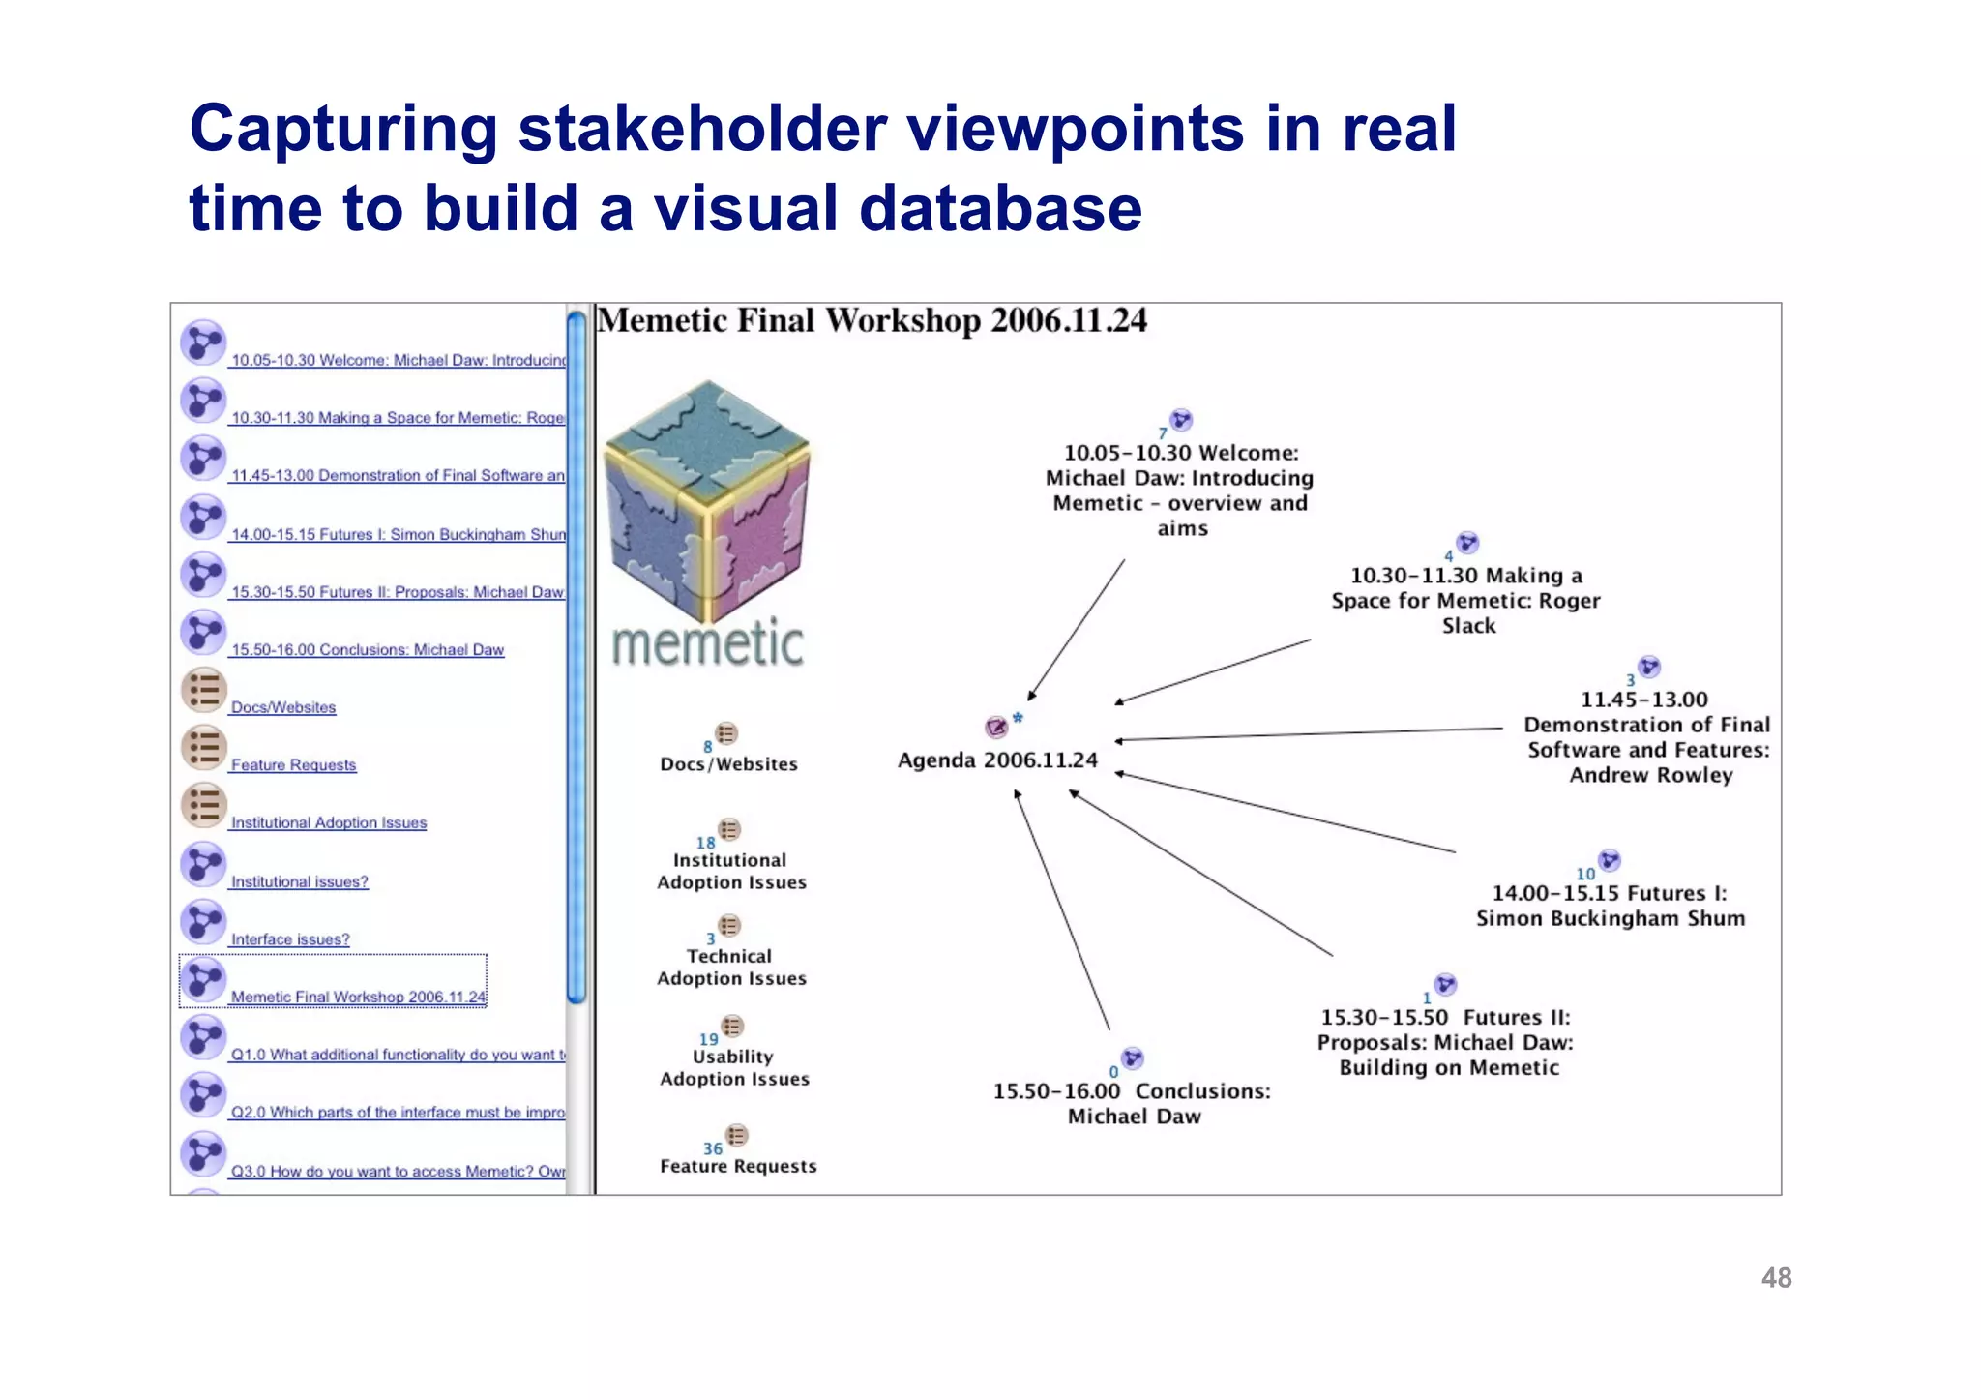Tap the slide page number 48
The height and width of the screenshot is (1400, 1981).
click(x=1776, y=1278)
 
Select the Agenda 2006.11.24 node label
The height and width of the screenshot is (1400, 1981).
click(x=997, y=760)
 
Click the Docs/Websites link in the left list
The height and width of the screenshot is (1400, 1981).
click(x=283, y=707)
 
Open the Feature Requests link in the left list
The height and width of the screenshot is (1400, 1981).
click(x=293, y=765)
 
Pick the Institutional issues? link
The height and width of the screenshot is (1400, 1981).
click(x=299, y=881)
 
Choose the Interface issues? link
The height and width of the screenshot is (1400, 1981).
click(x=290, y=939)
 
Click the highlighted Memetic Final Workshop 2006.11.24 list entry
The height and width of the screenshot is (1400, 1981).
click(x=358, y=997)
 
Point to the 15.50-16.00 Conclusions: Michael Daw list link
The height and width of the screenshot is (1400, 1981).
click(x=368, y=650)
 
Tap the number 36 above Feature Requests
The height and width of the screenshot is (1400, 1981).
click(x=713, y=1148)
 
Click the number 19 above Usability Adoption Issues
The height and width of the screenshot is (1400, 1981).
click(x=709, y=1039)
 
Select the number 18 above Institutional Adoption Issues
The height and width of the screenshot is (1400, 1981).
click(x=705, y=843)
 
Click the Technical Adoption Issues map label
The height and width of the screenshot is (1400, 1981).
click(x=731, y=968)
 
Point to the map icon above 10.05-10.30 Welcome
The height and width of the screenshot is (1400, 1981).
click(x=1181, y=420)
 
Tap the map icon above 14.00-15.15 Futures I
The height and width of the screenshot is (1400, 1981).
click(x=1610, y=860)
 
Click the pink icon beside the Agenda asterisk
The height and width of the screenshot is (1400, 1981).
click(x=996, y=727)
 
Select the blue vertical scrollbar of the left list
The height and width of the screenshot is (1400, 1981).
click(x=577, y=658)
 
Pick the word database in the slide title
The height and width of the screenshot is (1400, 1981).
click(x=1000, y=209)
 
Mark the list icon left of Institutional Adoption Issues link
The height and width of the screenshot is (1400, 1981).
click(x=204, y=805)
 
